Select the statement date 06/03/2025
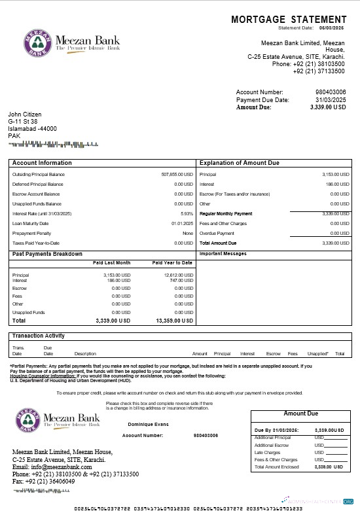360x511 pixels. [x=332, y=28]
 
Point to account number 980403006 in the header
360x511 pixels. [x=331, y=92]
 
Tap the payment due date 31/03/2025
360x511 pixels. [x=331, y=99]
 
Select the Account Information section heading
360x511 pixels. [x=42, y=163]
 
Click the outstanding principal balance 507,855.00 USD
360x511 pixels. [x=177, y=175]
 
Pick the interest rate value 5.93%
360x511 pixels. [x=187, y=213]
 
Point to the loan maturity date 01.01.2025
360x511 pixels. [x=182, y=223]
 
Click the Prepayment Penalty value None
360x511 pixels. [x=188, y=233]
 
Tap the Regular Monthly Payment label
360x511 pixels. [x=225, y=213]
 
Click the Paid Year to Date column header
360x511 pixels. [x=172, y=262]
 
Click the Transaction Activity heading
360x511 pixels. [x=39, y=336]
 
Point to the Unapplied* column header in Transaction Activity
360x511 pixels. [x=317, y=354]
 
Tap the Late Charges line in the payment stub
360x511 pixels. [x=267, y=452]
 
